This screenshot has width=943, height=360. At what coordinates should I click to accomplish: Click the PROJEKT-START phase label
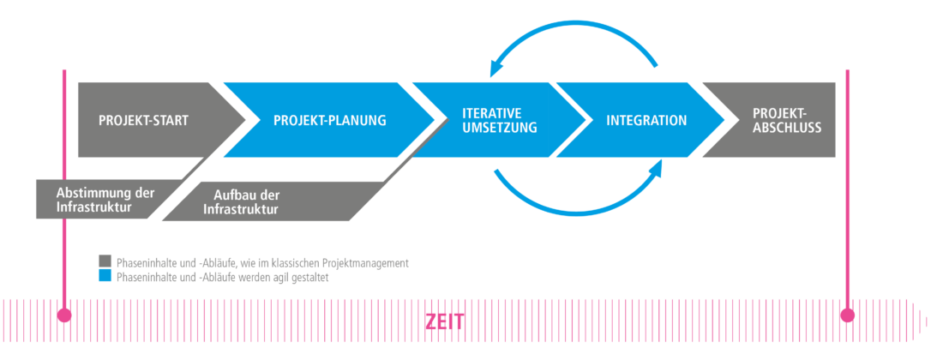point(143,120)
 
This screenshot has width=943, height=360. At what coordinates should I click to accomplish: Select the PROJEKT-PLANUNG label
point(330,120)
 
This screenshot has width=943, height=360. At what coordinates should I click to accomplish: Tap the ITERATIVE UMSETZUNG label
point(500,120)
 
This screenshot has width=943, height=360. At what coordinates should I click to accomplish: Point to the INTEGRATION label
point(646,120)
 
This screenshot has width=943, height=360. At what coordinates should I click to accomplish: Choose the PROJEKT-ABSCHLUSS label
point(786,120)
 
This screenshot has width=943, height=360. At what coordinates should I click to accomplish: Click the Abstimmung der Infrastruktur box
point(105,200)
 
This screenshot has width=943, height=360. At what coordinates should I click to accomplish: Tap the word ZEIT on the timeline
point(445,322)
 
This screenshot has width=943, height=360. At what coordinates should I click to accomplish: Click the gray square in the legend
point(105,261)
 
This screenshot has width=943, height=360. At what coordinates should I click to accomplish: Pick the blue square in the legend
point(105,276)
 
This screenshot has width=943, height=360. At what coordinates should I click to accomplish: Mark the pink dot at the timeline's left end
point(63,315)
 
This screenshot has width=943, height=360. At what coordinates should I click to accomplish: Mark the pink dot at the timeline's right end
point(848,315)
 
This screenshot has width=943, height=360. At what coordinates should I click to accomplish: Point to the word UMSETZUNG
point(500,128)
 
